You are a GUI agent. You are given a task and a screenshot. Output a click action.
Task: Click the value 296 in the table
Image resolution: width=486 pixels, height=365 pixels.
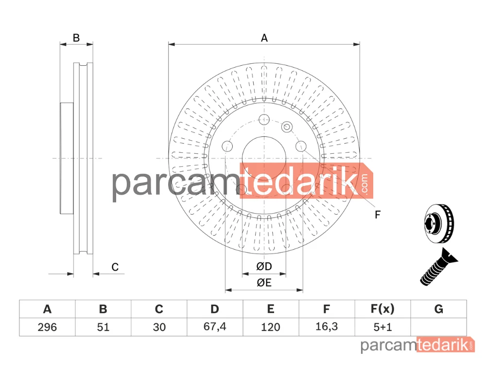(47, 327)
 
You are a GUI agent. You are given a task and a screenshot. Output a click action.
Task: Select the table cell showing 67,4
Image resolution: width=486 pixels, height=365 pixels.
(215, 327)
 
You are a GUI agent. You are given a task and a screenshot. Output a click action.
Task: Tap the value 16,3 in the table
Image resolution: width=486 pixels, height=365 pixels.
(327, 327)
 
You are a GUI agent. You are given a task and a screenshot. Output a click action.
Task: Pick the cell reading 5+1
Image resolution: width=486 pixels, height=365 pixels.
(383, 327)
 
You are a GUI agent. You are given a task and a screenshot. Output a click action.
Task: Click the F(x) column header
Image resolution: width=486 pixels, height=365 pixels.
(383, 309)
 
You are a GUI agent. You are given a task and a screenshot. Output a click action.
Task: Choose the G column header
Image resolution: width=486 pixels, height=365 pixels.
(438, 309)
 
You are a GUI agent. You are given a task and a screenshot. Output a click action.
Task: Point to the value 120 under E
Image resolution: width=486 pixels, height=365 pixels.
(271, 327)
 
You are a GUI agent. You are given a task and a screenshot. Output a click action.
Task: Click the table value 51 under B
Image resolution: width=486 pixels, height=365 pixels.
(103, 327)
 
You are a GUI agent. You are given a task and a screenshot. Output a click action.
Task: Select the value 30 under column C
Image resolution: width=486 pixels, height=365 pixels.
(159, 327)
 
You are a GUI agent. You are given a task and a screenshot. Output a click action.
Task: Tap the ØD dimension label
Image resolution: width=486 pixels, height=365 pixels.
(264, 266)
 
